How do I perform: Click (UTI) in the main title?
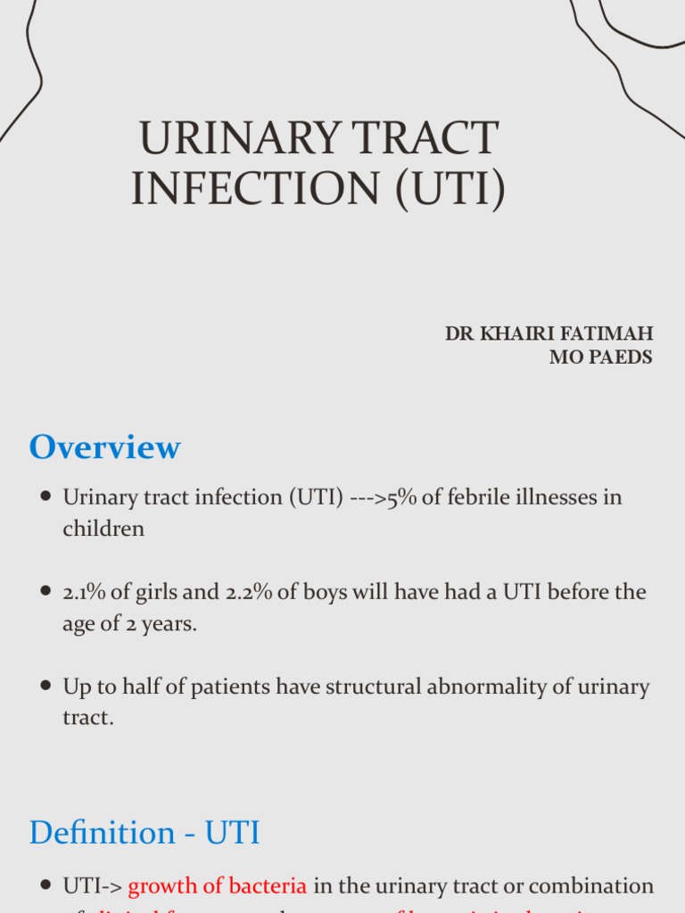(x=454, y=190)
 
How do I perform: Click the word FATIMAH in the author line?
(x=609, y=333)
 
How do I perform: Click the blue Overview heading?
(x=104, y=448)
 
